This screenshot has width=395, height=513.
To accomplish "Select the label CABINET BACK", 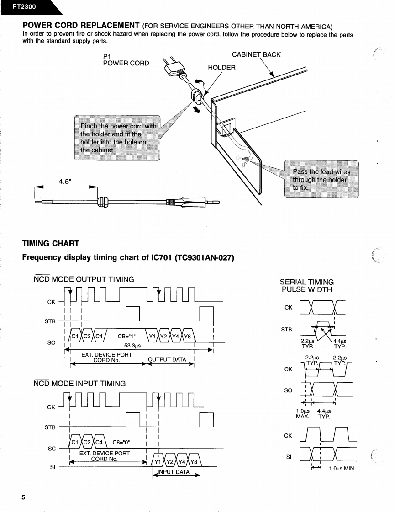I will point(256,55).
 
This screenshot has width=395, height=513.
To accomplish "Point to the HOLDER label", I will point(221,68).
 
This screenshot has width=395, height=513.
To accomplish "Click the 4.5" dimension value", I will point(67,181).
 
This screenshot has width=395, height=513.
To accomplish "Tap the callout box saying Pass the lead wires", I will point(321,179).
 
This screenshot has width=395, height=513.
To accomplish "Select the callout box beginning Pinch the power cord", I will point(118,138).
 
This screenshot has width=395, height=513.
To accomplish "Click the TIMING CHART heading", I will point(51,243).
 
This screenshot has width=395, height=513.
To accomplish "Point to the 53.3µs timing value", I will point(132,346).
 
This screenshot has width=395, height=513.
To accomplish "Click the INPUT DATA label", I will point(176,472).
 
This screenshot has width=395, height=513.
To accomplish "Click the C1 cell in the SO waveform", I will point(75,337).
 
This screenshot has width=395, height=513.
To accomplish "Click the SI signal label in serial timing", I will point(288,456).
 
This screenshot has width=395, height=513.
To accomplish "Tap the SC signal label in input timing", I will point(52,449).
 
